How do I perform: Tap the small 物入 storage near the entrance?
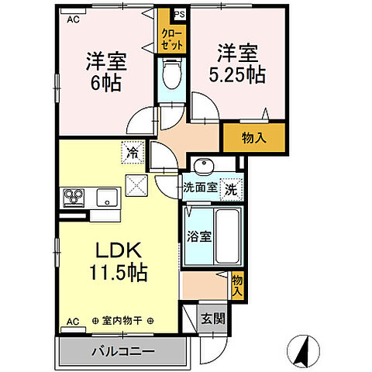point(238,287)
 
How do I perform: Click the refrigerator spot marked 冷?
point(133,153)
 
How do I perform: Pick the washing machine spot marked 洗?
point(232,187)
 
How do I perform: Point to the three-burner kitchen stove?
point(74,197)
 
